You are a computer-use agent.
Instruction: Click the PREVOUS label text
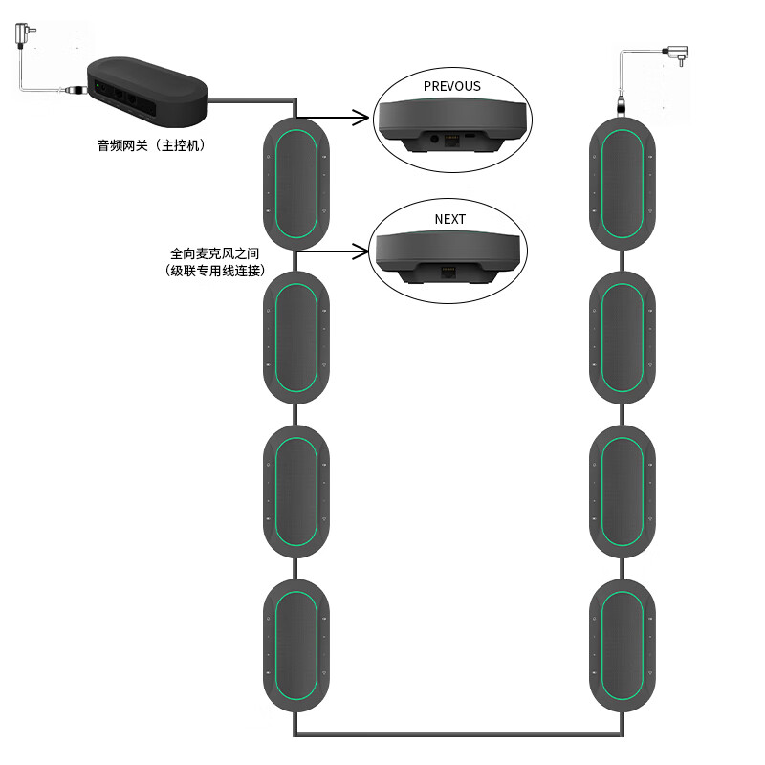click(x=451, y=86)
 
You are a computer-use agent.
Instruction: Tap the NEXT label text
click(x=449, y=219)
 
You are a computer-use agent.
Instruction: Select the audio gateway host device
click(x=148, y=94)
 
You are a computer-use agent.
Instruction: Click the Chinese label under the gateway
click(x=151, y=146)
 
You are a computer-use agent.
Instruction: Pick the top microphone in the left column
click(x=296, y=183)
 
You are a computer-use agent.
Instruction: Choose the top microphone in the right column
click(x=623, y=183)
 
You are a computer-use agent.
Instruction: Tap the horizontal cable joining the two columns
click(x=459, y=734)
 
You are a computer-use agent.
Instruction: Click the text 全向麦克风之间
click(x=215, y=254)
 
